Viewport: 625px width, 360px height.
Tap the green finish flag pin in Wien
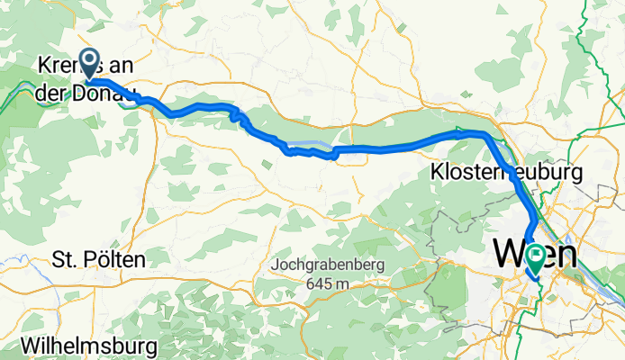536,258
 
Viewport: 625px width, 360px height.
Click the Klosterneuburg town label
508,171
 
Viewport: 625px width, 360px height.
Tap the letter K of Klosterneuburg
438,171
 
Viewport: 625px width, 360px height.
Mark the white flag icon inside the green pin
536,257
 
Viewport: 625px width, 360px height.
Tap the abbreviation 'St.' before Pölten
65,260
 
